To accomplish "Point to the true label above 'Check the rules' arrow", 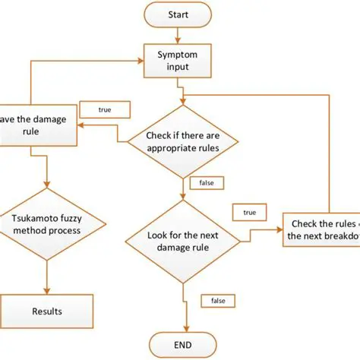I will (x=250, y=213).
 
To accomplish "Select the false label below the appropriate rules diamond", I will (x=206, y=183).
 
